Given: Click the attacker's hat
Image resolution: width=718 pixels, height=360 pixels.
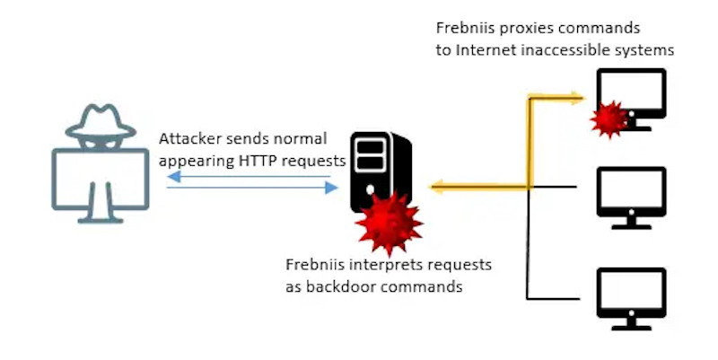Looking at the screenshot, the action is coord(101,122).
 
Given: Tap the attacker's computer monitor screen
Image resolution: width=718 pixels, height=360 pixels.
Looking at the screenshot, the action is coord(101,179).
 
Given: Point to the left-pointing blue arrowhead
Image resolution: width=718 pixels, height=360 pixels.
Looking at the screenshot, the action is coord(174,176).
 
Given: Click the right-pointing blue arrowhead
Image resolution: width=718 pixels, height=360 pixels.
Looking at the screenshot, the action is coord(331,188).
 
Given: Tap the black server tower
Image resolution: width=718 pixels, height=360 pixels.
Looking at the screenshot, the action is coord(381,171).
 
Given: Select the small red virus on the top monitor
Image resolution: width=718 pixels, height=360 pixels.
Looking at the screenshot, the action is coord(609,119).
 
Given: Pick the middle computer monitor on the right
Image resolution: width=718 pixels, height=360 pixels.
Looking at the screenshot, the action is coord(632,198).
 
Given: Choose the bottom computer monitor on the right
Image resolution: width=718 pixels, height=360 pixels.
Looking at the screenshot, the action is coord(632,299).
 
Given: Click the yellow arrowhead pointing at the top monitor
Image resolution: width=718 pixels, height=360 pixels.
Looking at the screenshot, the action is coord(577,98).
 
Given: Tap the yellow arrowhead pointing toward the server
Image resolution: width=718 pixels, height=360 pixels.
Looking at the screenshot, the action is coord(437,187).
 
